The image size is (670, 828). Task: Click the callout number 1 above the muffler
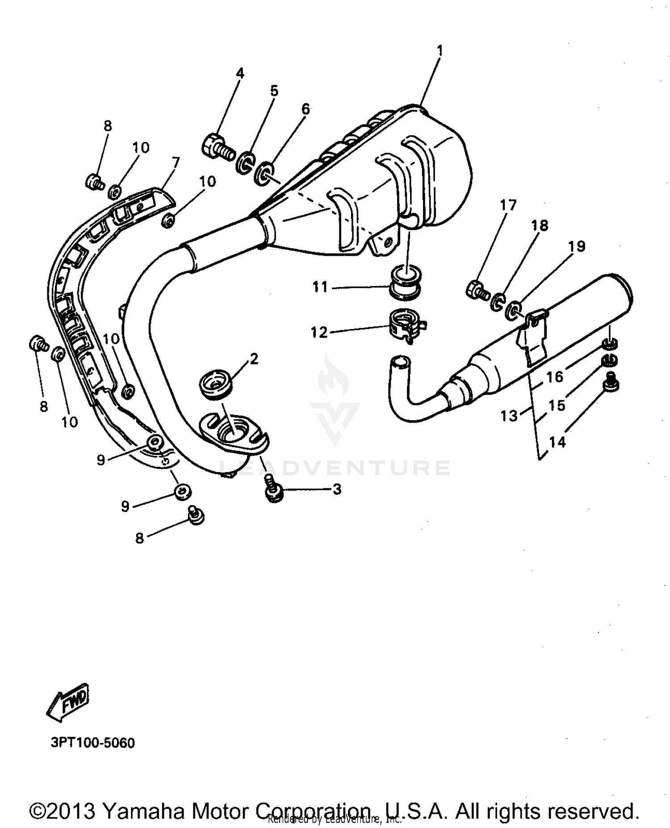(440, 51)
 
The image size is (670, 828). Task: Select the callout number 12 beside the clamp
(319, 332)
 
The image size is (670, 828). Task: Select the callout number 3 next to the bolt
(337, 489)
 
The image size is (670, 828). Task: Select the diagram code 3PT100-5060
(92, 743)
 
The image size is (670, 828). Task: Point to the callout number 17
(508, 205)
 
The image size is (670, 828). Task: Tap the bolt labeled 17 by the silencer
(477, 290)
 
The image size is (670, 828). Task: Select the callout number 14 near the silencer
(557, 442)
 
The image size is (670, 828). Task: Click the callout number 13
(509, 416)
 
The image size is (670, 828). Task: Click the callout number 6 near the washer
(306, 109)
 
